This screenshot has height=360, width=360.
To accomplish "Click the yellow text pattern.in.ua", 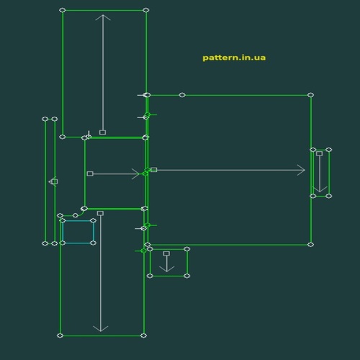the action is click(234, 58).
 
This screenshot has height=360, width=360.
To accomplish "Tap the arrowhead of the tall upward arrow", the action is click(103, 17).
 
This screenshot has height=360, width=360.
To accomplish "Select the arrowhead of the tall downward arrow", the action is click(101, 329).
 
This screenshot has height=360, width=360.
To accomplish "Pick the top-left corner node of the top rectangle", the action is click(63, 10).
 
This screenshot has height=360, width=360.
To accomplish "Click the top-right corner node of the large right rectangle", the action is click(311, 95).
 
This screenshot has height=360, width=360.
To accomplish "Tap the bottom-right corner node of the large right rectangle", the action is click(311, 245).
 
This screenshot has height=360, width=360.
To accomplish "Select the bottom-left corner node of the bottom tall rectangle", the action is click(60, 336).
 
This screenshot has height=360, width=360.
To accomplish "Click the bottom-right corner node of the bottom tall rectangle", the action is click(143, 336).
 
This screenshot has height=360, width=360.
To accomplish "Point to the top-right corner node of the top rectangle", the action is click(146, 10).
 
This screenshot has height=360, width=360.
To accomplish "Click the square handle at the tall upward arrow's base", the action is click(103, 132).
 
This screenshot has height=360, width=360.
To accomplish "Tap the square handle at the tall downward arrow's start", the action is click(101, 213).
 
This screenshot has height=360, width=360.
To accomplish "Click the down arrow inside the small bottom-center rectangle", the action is click(167, 262).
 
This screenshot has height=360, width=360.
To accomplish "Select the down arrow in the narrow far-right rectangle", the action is click(320, 172).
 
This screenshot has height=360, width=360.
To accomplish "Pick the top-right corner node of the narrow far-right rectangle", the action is click(329, 150).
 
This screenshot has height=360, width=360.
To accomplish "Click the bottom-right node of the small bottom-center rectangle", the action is click(187, 276).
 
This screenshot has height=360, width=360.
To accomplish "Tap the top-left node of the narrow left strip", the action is click(45, 119).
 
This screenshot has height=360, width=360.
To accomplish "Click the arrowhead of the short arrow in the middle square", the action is click(137, 174).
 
